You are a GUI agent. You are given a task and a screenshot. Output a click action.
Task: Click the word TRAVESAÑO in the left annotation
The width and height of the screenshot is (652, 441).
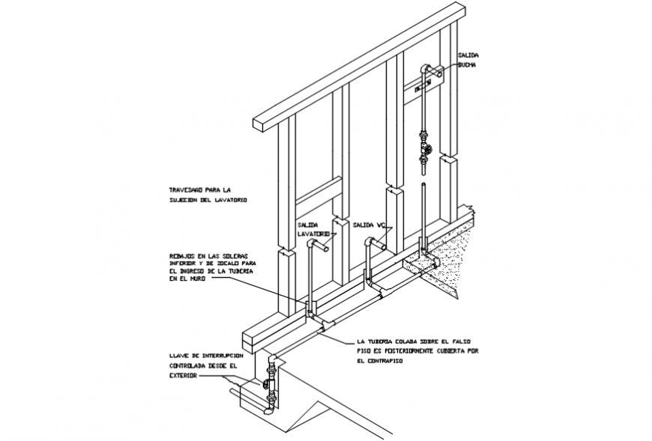185,189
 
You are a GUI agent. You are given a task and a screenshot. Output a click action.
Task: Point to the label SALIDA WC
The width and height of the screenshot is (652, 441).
368,225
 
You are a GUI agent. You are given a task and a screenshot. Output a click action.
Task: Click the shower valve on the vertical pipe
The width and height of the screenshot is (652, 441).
426,148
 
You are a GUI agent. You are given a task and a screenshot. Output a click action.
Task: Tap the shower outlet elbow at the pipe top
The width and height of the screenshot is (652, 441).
429,70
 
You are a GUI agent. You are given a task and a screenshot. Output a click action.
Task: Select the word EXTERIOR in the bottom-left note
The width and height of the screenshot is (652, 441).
183,376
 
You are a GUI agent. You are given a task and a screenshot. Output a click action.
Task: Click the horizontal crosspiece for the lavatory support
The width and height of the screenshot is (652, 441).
318,191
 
